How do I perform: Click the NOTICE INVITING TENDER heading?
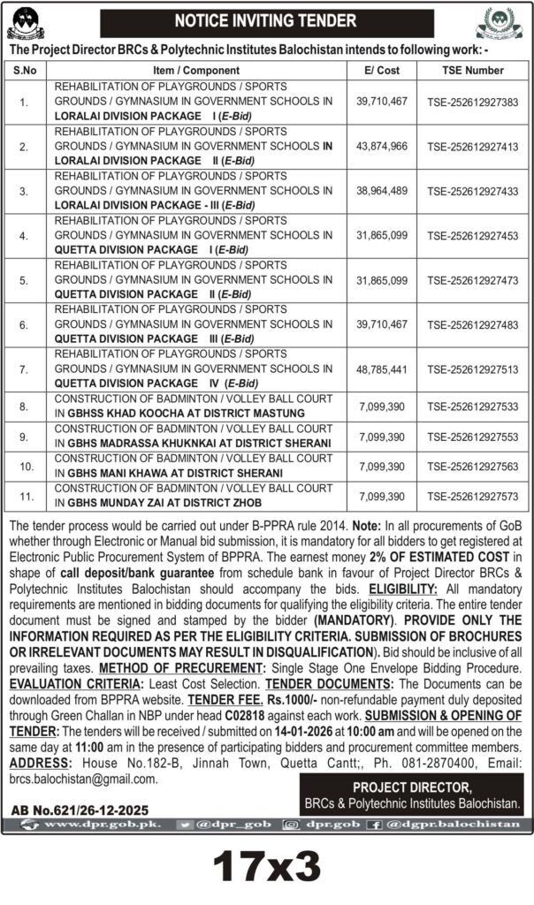click(x=265, y=20)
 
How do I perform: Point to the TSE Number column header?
click(x=472, y=70)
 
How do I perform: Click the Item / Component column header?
click(x=195, y=70)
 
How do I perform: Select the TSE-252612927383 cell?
click(x=472, y=102)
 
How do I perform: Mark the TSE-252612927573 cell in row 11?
click(x=472, y=497)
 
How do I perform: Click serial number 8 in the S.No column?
click(x=24, y=407)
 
